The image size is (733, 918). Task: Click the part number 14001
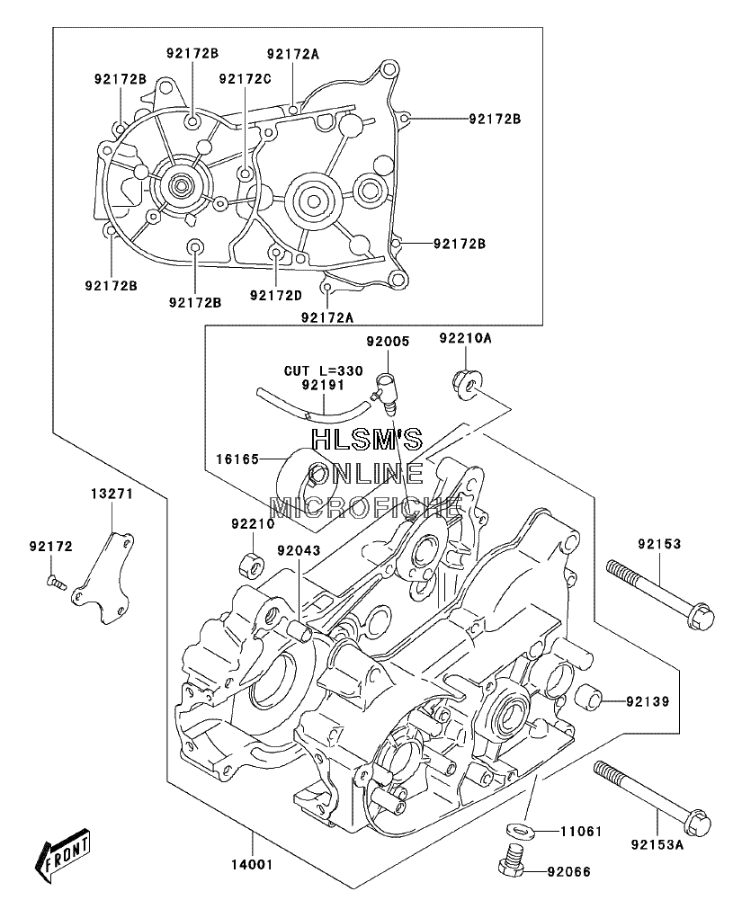pyautogui.click(x=253, y=864)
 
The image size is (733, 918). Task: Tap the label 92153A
pyautogui.click(x=657, y=845)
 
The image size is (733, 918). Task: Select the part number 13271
pyautogui.click(x=112, y=494)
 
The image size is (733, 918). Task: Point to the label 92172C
pyautogui.click(x=246, y=78)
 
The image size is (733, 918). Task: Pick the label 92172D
pyautogui.click(x=276, y=296)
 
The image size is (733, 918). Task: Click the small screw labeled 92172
pyautogui.click(x=56, y=582)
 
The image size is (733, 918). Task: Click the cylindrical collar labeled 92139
pyautogui.click(x=589, y=695)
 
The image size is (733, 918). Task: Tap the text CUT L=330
pyautogui.click(x=323, y=370)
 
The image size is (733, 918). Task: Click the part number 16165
pyautogui.click(x=237, y=459)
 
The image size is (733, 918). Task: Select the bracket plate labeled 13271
pyautogui.click(x=103, y=578)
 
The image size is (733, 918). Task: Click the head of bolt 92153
pyautogui.click(x=701, y=617)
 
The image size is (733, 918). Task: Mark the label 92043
pyautogui.click(x=299, y=550)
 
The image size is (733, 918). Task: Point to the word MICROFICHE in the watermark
pyautogui.click(x=365, y=507)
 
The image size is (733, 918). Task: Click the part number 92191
pyautogui.click(x=323, y=385)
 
